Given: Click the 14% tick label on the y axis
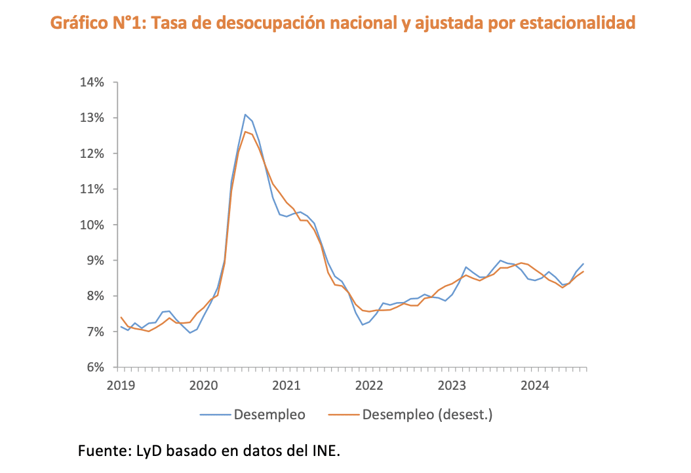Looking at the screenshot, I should click(92, 83).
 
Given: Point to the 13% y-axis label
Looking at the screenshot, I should click(92, 118).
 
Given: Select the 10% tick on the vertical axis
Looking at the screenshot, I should click(92, 225).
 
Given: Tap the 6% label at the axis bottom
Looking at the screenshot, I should click(94, 368).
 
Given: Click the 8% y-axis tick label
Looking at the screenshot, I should click(94, 296).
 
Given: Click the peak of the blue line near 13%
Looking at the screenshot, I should click(245, 115).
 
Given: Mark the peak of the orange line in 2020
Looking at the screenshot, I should click(245, 132).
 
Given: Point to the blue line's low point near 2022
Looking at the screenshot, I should click(362, 324).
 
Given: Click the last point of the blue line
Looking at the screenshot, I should click(583, 263).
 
